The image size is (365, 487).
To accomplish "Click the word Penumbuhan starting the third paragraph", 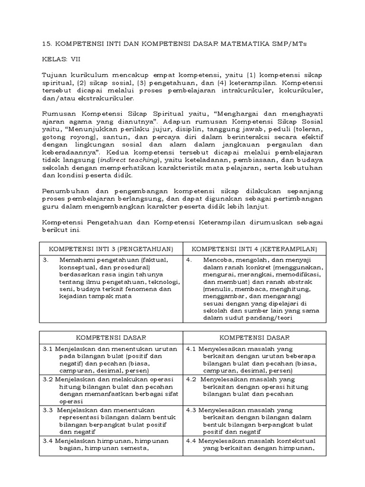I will click(64, 191).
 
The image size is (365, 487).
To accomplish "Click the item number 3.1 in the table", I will click(48, 349).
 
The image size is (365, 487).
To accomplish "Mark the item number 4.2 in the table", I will click(192, 380).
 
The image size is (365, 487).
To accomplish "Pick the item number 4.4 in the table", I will click(192, 440).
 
